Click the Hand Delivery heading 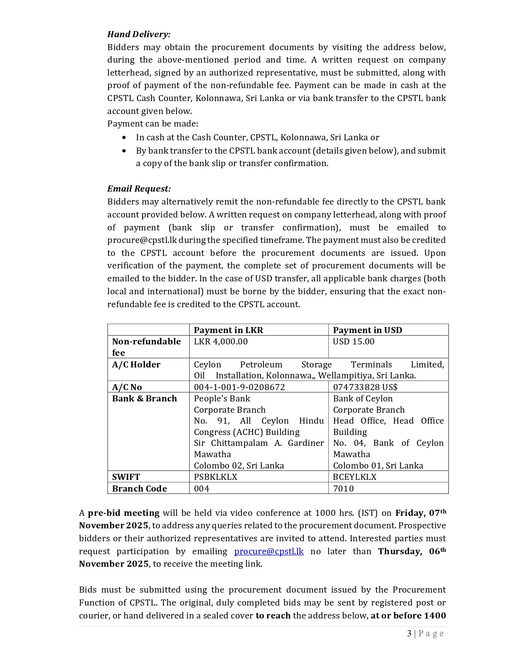tap(139, 34)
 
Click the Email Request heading tap(139, 189)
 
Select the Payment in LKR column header tap(228, 330)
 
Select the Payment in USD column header tap(367, 330)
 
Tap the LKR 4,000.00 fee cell tap(221, 342)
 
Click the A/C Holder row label tap(136, 365)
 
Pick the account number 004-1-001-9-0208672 tap(239, 387)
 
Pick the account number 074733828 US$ tap(365, 387)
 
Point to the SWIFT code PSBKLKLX tap(215, 477)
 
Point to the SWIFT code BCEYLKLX tap(355, 477)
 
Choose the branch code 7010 tap(343, 489)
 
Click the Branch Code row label tap(139, 489)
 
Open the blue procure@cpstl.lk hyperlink tap(269, 551)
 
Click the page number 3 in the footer tap(409, 633)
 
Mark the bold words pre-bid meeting tap(123, 513)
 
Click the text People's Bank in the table tap(222, 399)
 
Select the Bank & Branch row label tap(144, 399)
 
